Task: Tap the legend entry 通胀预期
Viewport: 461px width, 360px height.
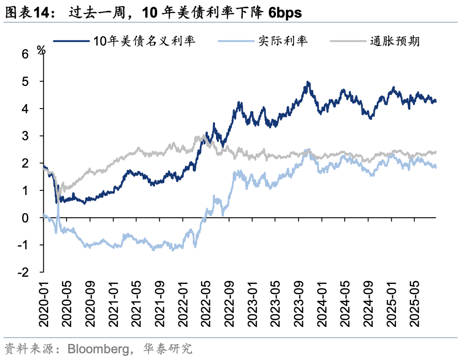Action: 394,41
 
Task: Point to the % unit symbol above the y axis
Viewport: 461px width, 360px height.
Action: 42,50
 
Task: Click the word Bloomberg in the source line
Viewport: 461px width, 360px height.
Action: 98,349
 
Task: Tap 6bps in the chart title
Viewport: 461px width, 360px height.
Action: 285,13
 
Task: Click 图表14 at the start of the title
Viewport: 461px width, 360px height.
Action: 25,13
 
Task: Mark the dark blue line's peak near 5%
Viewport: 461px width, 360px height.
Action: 308,82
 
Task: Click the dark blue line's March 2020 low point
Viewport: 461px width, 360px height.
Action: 56,203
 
